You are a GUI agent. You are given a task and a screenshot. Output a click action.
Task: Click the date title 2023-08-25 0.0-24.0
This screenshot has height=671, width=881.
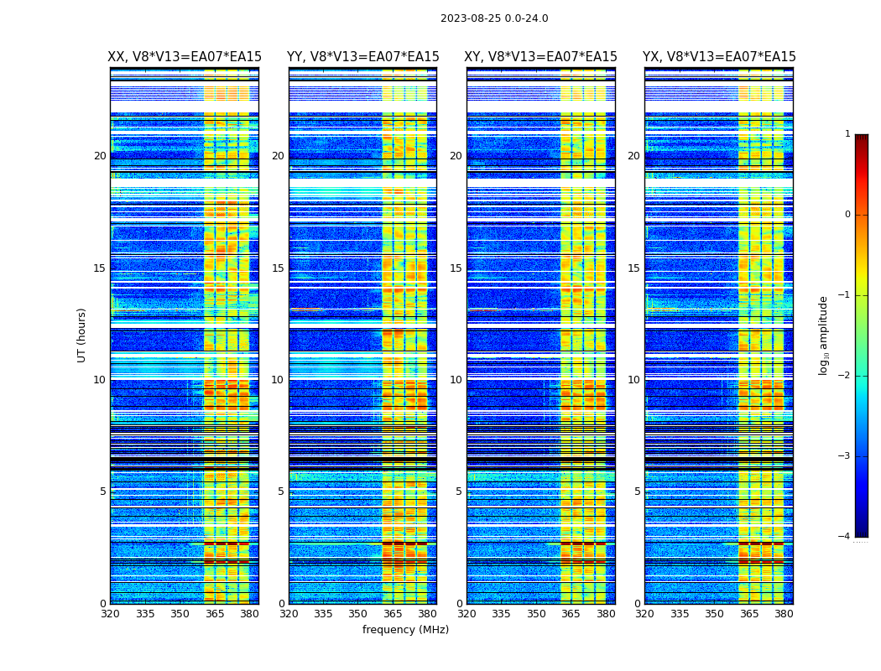(x=494, y=18)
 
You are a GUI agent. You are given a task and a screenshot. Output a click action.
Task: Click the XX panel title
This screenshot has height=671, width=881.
(x=185, y=57)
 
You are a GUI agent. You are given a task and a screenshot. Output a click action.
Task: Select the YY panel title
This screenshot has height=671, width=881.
(x=362, y=57)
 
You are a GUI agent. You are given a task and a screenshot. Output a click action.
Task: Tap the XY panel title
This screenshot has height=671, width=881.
(x=541, y=57)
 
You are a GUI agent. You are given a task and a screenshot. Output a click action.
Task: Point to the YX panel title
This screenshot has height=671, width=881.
(x=719, y=57)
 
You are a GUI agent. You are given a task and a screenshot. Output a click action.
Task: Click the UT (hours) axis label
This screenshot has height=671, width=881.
(x=82, y=335)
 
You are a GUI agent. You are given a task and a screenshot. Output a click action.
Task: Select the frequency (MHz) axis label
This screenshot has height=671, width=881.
(x=405, y=630)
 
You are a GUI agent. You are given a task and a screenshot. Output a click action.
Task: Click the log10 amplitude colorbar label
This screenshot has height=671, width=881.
(x=824, y=335)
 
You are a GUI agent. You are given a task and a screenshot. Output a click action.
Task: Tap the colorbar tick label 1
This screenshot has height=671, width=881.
(x=847, y=134)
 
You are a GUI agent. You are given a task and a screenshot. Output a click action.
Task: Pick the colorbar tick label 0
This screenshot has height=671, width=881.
(x=847, y=215)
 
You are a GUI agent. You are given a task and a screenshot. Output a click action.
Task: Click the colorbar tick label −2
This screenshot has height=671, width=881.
(x=845, y=376)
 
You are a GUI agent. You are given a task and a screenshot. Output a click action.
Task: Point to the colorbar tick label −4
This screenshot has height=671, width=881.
(x=845, y=537)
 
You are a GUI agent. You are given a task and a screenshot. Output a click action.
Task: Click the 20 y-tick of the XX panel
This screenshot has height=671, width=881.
(x=100, y=156)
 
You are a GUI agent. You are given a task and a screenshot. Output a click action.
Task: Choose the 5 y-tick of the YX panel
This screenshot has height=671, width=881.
(x=638, y=492)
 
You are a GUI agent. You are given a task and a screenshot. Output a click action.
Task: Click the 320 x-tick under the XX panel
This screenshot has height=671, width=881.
(x=110, y=614)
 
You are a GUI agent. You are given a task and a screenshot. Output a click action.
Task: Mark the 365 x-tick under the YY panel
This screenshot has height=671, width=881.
(x=393, y=614)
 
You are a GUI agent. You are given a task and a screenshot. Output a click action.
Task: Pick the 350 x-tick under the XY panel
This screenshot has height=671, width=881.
(x=536, y=614)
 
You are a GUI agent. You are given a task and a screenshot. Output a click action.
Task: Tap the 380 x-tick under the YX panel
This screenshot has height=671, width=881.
(x=784, y=614)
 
